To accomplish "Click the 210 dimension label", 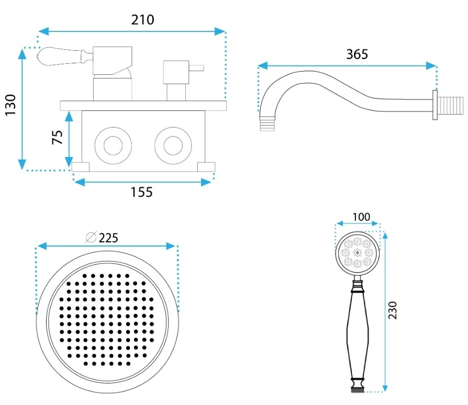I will [143, 20].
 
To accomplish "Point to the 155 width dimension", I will [142, 193].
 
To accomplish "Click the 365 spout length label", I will [357, 54].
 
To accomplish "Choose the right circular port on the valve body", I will [172, 144].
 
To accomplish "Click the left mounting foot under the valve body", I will [81, 167].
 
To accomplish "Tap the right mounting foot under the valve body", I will [206, 167].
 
